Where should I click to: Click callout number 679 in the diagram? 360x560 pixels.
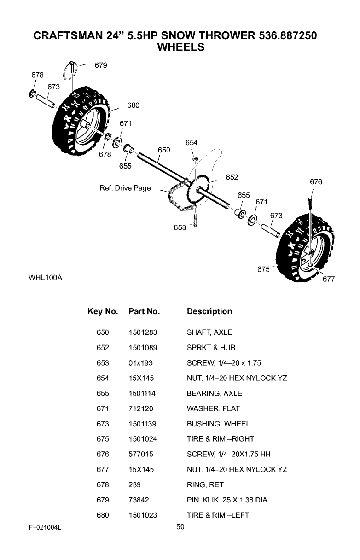coord(101,65)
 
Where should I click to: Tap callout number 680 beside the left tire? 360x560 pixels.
coord(133,105)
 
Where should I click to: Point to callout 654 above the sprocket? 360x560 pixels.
coord(192,143)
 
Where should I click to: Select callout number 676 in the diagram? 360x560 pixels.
coord(316,182)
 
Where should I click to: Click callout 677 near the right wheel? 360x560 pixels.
coord(328,279)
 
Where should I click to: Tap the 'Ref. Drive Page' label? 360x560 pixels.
coord(125,188)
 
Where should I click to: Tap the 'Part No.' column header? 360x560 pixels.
coord(144,312)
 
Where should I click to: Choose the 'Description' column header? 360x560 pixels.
coord(209,312)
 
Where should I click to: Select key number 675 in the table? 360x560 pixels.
coord(103,439)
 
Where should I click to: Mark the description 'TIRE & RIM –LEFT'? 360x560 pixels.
coord(218,515)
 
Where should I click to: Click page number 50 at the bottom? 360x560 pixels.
coord(180,527)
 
